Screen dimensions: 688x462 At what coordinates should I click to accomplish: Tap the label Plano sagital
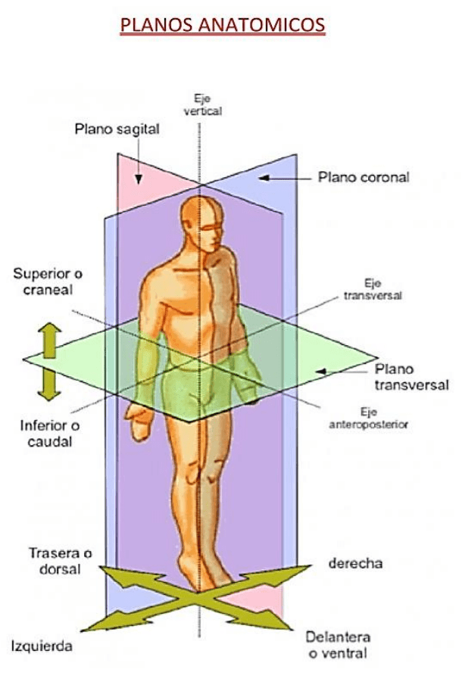coord(117,129)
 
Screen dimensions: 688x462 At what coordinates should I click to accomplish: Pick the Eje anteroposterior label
coord(369,419)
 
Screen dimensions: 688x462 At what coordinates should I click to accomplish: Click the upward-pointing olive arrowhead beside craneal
coord(50,330)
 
